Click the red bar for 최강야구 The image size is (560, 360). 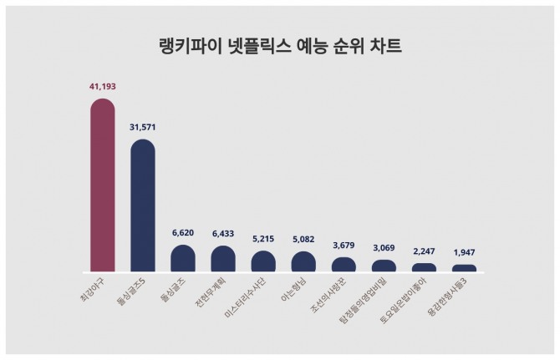102,185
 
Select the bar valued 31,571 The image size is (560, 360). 143,205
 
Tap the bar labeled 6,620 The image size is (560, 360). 183,259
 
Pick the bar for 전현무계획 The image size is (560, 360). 223,259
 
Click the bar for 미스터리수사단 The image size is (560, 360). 263,261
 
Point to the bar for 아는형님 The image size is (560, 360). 303,262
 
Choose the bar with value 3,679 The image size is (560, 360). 344,265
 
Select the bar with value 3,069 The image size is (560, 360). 384,266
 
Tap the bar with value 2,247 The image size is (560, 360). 424,268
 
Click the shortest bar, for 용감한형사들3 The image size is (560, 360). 464,269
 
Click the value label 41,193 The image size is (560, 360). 102,86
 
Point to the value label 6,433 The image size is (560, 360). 223,234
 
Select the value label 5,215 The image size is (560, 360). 263,239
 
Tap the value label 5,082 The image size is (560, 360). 303,240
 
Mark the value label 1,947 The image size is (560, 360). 464,252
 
